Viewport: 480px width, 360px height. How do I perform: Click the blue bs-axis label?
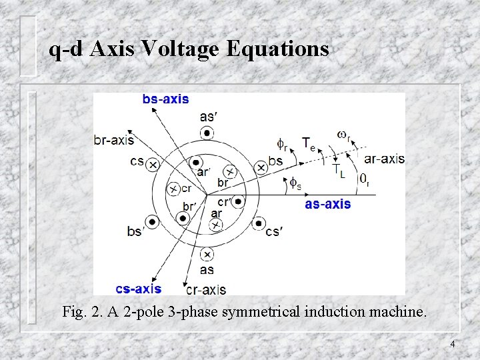165,99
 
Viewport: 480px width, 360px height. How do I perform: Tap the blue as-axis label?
327,204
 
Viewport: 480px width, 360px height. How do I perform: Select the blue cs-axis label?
138,289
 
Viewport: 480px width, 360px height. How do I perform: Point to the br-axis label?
114,140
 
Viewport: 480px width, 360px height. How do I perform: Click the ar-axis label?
384,159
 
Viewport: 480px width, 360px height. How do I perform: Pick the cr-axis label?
206,289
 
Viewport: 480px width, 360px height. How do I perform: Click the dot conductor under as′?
207,134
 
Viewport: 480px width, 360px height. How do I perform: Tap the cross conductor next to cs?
153,164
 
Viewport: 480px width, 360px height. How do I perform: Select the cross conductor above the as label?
207,254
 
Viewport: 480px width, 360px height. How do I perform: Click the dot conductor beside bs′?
153,221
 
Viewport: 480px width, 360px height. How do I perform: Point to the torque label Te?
309,143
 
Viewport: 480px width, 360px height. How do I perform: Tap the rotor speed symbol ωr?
343,136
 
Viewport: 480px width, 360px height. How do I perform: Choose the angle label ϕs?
294,181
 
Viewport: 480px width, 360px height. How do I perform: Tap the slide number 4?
453,344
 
